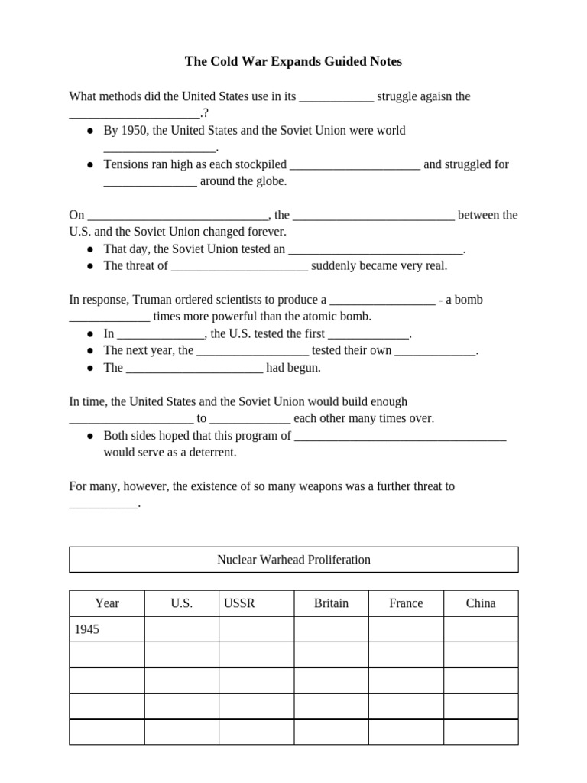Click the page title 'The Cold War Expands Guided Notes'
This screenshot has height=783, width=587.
click(293, 61)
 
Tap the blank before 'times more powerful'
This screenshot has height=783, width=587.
click(109, 317)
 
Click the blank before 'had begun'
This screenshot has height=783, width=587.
click(194, 369)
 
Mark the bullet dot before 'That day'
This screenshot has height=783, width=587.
click(90, 249)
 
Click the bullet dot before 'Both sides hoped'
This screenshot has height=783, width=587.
click(90, 436)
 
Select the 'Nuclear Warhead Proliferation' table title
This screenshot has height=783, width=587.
click(293, 560)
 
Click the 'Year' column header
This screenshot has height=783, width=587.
click(107, 603)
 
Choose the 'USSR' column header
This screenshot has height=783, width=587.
click(239, 603)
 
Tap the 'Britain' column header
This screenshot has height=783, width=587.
click(331, 603)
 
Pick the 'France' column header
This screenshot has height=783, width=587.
click(406, 603)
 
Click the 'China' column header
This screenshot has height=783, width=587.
click(481, 603)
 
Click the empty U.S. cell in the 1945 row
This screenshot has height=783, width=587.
click(181, 629)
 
